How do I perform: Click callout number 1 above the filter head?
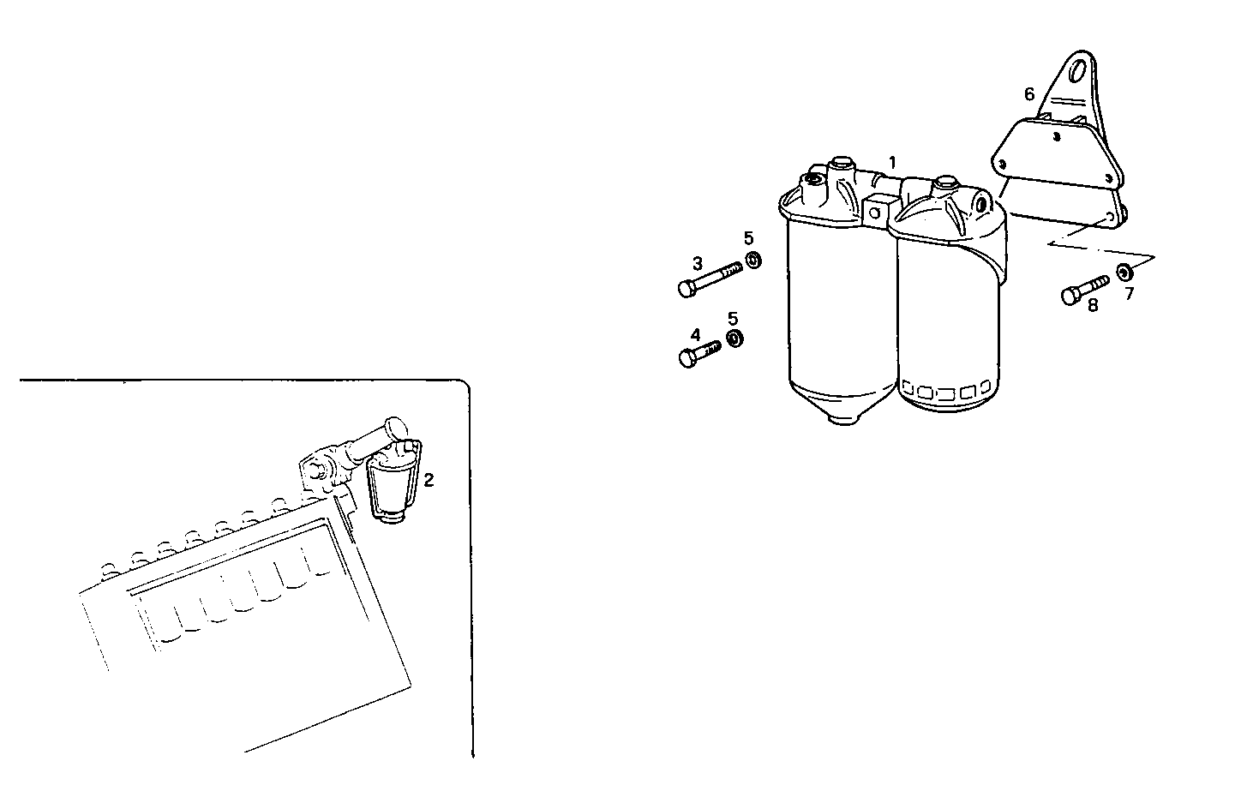892,161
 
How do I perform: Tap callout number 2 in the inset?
429,480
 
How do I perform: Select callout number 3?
698,262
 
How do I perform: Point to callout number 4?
695,334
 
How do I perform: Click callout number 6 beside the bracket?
1029,93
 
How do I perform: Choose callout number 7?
1129,293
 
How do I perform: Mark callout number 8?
1093,304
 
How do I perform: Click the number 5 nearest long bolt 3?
748,237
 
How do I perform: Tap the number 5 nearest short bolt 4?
733,318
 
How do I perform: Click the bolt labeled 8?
1084,289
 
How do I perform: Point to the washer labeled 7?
1123,274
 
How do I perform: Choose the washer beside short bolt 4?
734,339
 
